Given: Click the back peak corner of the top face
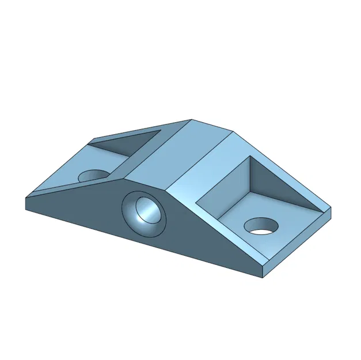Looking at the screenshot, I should click(192, 120).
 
